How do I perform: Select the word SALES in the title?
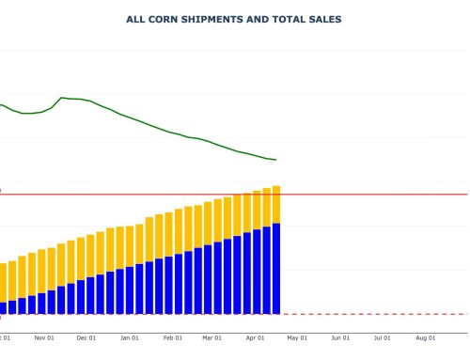tap(323, 19)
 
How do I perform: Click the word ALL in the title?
tap(135, 19)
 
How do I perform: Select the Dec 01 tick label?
tap(86, 337)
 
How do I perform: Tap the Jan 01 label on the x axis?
tap(130, 337)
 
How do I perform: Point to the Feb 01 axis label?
tap(173, 337)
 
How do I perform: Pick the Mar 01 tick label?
tap(212, 337)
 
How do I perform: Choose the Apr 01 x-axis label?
tap(256, 337)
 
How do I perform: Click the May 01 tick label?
tap(297, 337)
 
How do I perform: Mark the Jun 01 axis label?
tap(340, 337)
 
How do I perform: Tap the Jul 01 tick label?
tap(383, 337)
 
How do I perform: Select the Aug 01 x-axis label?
tap(426, 337)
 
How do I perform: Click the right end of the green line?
tap(275, 160)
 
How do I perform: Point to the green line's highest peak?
tap(62, 97)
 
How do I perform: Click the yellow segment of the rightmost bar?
tap(276, 205)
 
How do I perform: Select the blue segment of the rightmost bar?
tap(276, 268)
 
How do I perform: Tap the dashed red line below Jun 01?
tap(340, 314)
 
